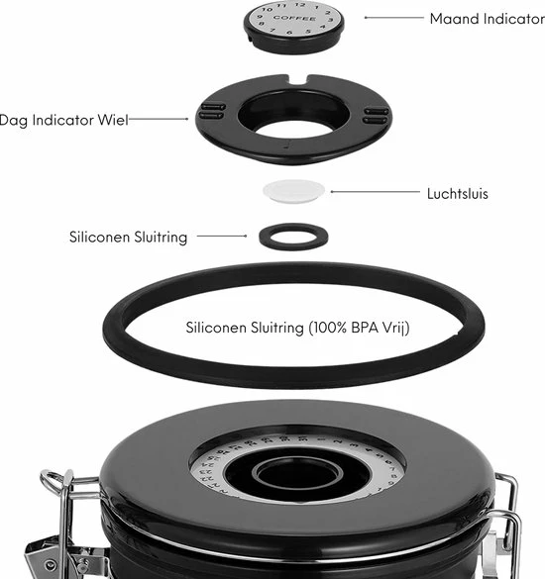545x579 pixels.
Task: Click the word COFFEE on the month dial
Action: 294,18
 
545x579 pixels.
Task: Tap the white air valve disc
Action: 294,189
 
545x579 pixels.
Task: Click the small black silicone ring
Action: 294,236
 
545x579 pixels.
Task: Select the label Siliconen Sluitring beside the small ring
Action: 127,237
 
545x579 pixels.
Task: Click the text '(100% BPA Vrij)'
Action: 358,327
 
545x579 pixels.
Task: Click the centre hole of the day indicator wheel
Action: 293,112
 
